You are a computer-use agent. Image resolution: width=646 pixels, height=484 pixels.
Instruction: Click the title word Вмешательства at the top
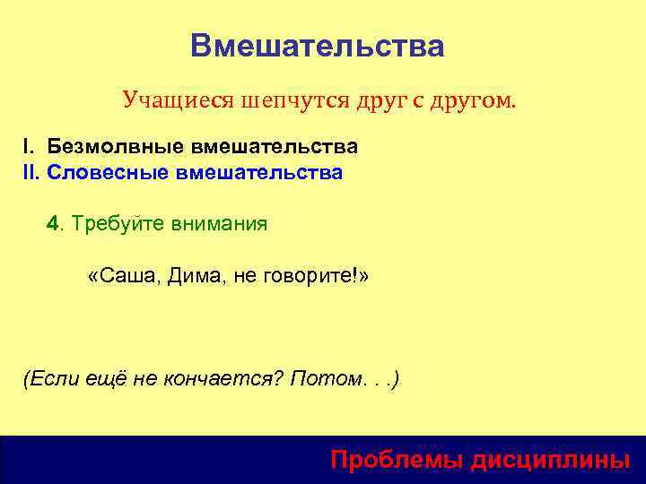317,46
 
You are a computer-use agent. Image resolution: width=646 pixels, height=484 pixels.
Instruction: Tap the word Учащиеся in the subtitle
177,99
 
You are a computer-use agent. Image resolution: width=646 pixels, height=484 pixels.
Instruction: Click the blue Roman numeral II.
31,172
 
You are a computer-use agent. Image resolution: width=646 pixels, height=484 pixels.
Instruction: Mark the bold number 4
52,223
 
